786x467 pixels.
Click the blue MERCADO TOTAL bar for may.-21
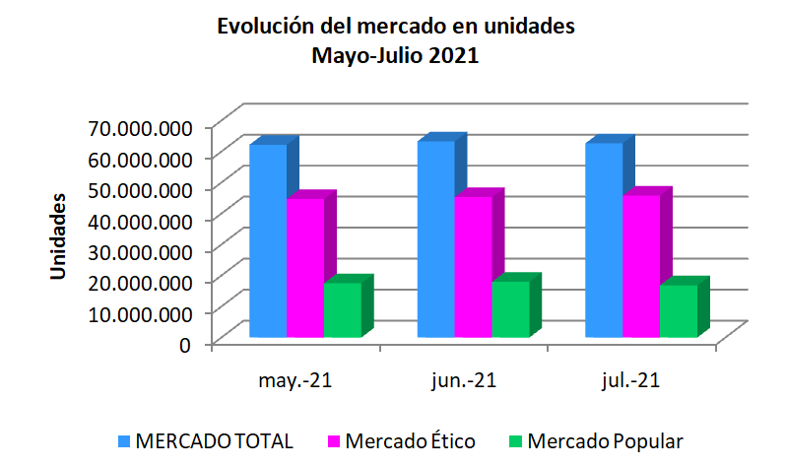pos(268,241)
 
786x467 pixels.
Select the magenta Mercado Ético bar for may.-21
pos(305,268)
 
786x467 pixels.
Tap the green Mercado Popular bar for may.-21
pos(343,310)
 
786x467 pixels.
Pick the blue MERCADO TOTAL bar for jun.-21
pos(435,239)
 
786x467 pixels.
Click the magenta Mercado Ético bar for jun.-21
pos(473,267)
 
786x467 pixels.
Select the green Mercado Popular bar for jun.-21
pos(510,309)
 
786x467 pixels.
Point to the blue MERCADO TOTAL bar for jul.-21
pos(603,240)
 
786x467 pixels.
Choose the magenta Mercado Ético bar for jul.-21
pos(640,266)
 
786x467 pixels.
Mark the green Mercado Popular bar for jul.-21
pos(678,311)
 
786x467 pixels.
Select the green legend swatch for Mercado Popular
pos(515,440)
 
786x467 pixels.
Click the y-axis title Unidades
pos(59,236)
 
